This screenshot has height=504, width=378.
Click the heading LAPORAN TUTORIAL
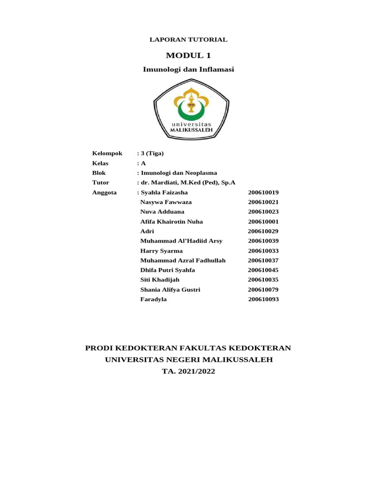pos(189,39)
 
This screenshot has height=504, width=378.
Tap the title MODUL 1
pos(189,55)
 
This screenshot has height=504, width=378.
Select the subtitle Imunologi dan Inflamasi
pos(189,69)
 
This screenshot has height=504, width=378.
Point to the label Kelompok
pos(107,154)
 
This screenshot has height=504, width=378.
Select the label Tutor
pos(100,183)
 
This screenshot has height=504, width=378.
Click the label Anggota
pos(104,192)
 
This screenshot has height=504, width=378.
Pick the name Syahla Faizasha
pos(164,192)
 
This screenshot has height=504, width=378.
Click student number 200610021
pos(263,202)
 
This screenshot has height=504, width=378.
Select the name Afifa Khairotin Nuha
pos(171,221)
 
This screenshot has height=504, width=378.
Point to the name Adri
pos(147,231)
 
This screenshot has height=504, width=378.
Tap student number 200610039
pos(263,241)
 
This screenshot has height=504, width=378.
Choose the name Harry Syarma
pos(161,251)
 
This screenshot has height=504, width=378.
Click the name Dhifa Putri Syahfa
pos(167,270)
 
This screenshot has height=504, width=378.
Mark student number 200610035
pos(263,280)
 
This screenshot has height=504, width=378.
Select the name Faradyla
pos(154,299)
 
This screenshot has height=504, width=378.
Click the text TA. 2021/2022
pos(189,372)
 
